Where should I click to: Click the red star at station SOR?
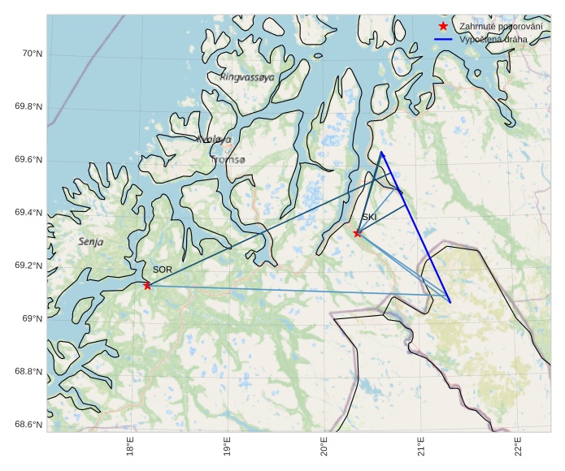pyautogui.click(x=147, y=285)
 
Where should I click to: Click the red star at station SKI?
pyautogui.click(x=358, y=233)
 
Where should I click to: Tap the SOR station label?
pyautogui.click(x=163, y=270)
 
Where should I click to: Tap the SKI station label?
pyautogui.click(x=370, y=218)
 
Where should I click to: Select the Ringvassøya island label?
pyautogui.click(x=247, y=78)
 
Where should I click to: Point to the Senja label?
pyautogui.click(x=91, y=242)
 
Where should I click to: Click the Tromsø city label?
pyautogui.click(x=228, y=160)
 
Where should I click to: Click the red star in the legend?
pyautogui.click(x=443, y=27)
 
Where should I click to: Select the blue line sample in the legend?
pyautogui.click(x=443, y=39)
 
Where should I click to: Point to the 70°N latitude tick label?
pyautogui.click(x=31, y=54)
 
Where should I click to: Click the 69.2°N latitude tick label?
pyautogui.click(x=28, y=266)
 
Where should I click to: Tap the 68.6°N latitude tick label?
pyautogui.click(x=28, y=426)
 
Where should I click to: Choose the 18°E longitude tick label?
pyautogui.click(x=130, y=448)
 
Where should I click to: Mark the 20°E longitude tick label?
pyautogui.click(x=324, y=448)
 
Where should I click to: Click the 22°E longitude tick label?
pyautogui.click(x=518, y=448)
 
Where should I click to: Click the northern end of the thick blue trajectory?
pyautogui.click(x=381, y=152)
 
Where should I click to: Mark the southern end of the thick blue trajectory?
pyautogui.click(x=450, y=302)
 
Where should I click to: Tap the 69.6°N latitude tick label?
pyautogui.click(x=28, y=159)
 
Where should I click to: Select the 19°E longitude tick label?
pyautogui.click(x=227, y=448)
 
